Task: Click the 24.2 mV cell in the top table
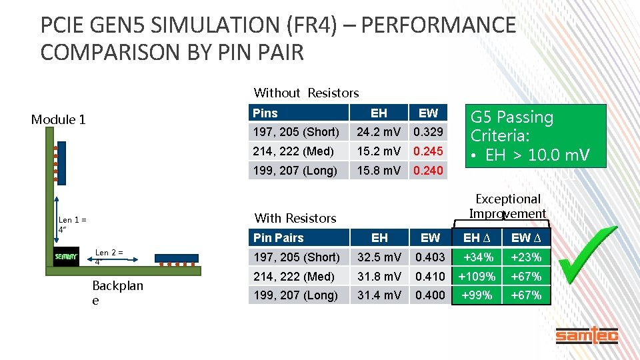point(379,132)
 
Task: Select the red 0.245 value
point(428,151)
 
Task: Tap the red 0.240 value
point(428,171)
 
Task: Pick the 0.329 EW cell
point(428,132)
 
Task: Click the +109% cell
point(477,276)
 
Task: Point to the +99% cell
point(477,295)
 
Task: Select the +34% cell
point(477,257)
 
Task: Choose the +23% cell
point(526,257)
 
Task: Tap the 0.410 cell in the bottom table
point(430,276)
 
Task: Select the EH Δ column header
point(477,238)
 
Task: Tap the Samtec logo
point(587,336)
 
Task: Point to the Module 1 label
point(59,120)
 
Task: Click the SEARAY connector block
point(66,256)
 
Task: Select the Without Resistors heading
point(306,93)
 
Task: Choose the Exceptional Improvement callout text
point(507,206)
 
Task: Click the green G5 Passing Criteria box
point(538,136)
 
